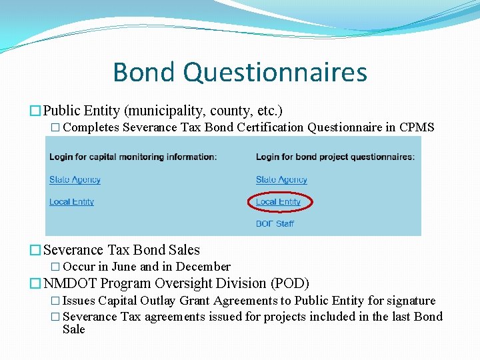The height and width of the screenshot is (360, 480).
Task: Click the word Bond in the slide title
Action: pos(144,72)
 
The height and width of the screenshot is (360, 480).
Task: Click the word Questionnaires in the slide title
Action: pos(275,72)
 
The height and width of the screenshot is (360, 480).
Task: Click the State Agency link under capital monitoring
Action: pos(75,179)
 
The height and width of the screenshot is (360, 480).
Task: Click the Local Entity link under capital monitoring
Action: pos(71,201)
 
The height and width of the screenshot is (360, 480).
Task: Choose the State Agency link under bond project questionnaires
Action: pos(281,179)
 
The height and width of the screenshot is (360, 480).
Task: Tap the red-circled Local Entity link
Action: pos(278,201)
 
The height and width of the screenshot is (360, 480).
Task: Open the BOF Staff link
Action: pos(275,223)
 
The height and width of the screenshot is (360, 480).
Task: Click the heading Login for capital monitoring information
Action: pos(133,157)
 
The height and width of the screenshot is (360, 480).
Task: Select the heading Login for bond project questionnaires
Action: pos(335,157)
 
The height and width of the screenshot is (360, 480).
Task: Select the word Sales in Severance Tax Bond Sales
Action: pos(184,250)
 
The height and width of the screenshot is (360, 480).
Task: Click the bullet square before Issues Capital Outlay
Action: pos(56,301)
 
